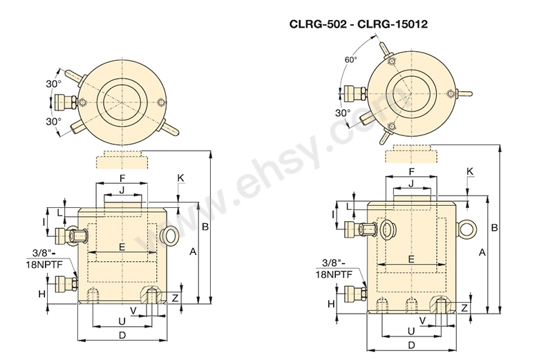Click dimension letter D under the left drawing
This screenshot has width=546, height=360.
coord(122,335)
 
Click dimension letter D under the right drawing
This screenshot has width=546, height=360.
coord(411,344)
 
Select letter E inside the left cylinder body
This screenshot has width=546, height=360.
coord(122,247)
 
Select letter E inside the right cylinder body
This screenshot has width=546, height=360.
coord(411,259)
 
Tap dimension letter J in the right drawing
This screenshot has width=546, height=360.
coord(411,183)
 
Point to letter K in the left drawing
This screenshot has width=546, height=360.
coord(180,178)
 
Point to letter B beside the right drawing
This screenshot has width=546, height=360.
coord(493,227)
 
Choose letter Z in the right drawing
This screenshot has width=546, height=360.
coord(464,307)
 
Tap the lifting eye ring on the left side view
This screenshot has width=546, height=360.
coord(168,236)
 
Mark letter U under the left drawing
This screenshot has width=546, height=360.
coord(122,321)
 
